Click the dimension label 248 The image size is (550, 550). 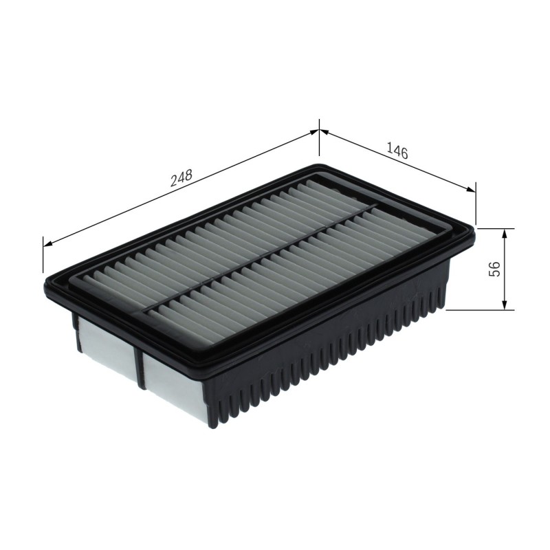pyautogui.click(x=181, y=178)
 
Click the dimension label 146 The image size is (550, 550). pyautogui.click(x=397, y=151)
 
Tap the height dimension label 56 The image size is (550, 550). pyautogui.click(x=494, y=269)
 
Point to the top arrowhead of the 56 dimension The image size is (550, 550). pyautogui.click(x=505, y=234)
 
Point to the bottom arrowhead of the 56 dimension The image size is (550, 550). pyautogui.click(x=505, y=304)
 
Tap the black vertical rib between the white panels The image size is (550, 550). pyautogui.click(x=140, y=366)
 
